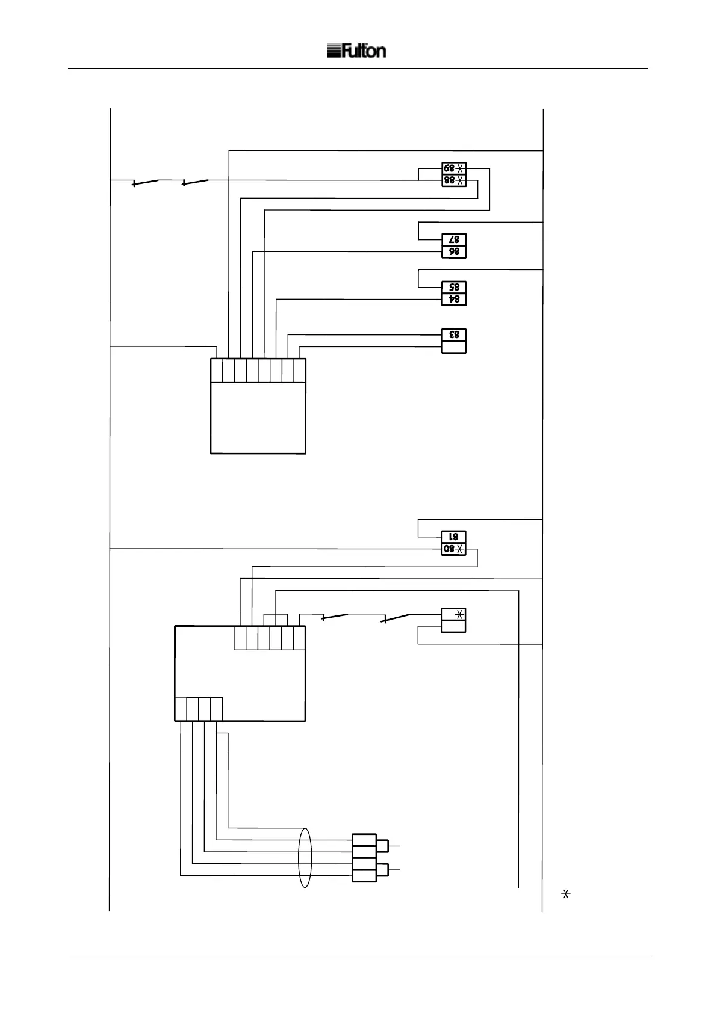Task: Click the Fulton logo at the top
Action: tap(356, 51)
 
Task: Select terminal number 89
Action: tap(453, 168)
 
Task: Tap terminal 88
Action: tap(453, 180)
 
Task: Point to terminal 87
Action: tap(454, 240)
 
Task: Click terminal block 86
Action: tap(454, 252)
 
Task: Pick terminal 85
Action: tap(454, 288)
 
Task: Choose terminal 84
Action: tap(454, 299)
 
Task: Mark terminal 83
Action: tap(454, 335)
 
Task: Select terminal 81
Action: tap(454, 537)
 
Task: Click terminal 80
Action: tap(453, 549)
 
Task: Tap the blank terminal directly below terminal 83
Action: tap(454, 346)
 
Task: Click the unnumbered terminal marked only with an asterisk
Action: tap(454, 614)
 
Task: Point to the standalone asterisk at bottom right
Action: tap(565, 894)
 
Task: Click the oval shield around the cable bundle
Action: tap(305, 858)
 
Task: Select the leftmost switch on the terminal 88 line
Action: tap(145, 182)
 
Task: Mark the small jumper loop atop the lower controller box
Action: tap(276, 620)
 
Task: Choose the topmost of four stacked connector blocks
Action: tap(364, 840)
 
